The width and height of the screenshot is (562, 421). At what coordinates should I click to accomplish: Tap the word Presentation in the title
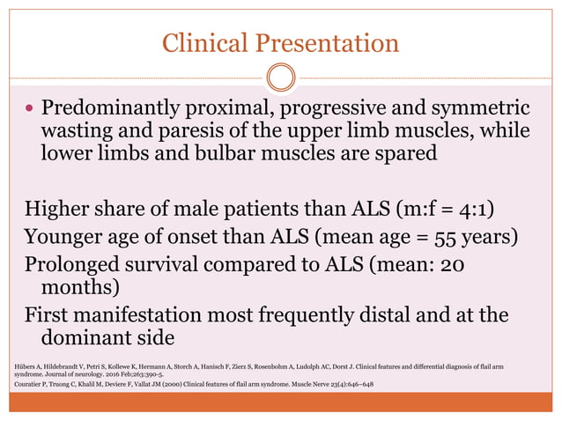point(326,42)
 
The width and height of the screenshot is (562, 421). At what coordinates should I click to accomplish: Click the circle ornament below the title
point(281,78)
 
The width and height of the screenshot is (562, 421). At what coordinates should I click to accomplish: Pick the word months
point(78,288)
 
